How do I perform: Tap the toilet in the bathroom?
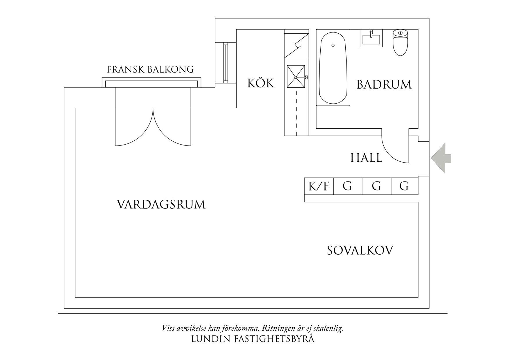(x=400, y=42)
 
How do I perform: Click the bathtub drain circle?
(x=333, y=45)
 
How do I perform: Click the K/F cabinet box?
(x=319, y=186)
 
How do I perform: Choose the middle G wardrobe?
(x=376, y=186)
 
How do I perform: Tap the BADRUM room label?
(x=384, y=85)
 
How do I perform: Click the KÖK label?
(x=261, y=83)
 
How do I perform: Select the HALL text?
(x=366, y=158)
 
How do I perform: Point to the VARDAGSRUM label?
(x=161, y=205)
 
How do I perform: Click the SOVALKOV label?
(x=360, y=251)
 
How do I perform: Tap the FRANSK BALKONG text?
(x=150, y=70)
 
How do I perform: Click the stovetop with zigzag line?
(x=296, y=46)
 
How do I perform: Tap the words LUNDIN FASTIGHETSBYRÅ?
(x=253, y=339)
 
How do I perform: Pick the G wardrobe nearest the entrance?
(x=404, y=186)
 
